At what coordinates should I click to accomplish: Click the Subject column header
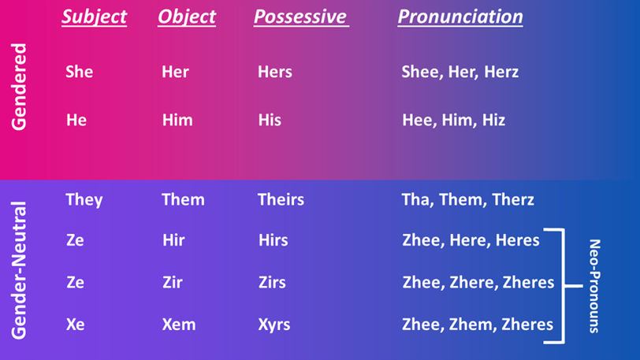point(95,17)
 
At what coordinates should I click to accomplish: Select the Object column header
point(187,17)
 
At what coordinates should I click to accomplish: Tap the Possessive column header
point(301,17)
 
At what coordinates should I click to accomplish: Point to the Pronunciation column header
point(460,17)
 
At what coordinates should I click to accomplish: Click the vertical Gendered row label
point(19,87)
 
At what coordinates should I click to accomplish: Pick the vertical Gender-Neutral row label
point(19,270)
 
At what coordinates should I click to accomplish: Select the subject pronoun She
point(79,72)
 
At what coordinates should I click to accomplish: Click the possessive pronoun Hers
point(275,72)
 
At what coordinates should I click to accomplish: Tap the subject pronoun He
point(76,120)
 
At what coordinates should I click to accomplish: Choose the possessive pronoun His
point(270,120)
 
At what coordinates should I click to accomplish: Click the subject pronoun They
point(84,200)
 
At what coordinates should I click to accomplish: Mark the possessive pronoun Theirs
point(281,199)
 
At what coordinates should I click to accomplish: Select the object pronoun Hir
point(173,240)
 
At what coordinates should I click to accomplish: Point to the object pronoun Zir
point(173,283)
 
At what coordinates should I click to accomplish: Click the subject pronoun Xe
point(76,325)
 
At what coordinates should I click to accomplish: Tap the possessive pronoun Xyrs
point(274,325)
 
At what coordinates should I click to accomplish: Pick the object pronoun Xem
point(179,325)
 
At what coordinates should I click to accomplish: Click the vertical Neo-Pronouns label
point(595,286)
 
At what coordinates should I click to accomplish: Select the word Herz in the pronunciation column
point(501,72)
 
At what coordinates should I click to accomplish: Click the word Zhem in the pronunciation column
point(473,325)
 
